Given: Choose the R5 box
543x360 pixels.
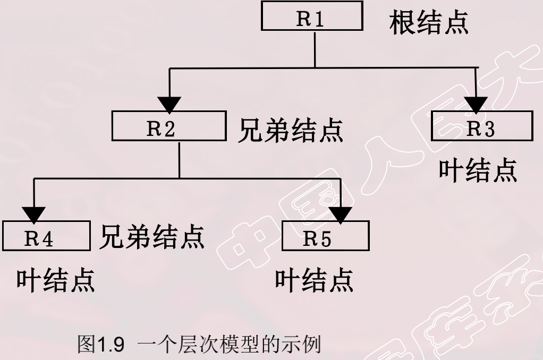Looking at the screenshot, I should (325, 238).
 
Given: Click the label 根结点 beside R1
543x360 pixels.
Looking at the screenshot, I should (429, 22).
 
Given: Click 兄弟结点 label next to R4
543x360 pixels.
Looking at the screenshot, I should (152, 237).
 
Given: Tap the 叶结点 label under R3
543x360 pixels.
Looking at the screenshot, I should (477, 170).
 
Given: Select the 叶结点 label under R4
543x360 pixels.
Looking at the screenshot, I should (55, 280).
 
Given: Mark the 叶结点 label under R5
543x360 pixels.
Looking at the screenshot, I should (314, 280).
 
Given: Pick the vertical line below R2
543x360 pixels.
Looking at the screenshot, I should (179, 160).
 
